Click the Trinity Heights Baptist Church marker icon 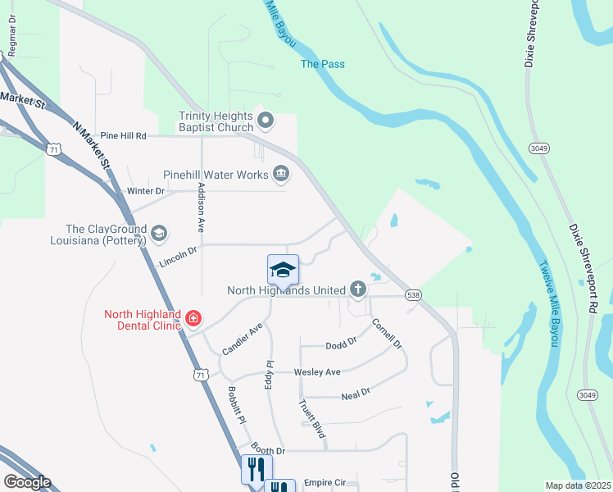tap(266, 121)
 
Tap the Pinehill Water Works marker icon tap(281, 173)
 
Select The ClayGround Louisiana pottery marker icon tap(158, 235)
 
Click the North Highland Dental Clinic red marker tap(193, 317)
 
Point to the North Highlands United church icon tap(357, 289)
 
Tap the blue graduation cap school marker tap(283, 271)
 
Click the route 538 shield tap(413, 295)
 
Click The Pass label tap(323, 64)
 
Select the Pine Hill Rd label tap(123, 135)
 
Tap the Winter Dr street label tap(147, 191)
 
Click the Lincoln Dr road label tap(179, 257)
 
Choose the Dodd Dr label tap(342, 344)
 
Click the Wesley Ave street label tap(317, 372)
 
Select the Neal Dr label tap(356, 394)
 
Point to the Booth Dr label tap(268, 450)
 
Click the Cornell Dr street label tap(387, 334)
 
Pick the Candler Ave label tap(243, 339)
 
